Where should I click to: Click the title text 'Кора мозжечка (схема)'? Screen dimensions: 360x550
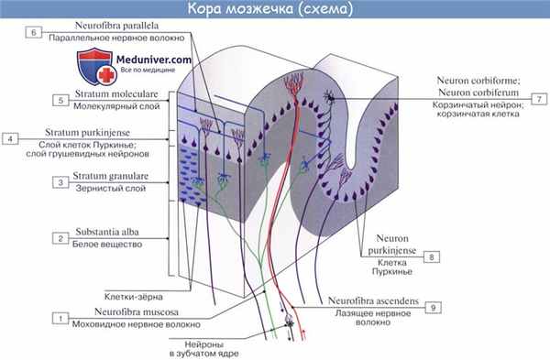tap(275, 10)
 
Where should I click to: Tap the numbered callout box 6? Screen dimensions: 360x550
tap(33, 31)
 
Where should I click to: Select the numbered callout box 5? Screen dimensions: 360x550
tap(59, 100)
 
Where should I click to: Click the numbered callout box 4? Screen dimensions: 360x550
tap(10, 139)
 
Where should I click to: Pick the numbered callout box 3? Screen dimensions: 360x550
tap(59, 183)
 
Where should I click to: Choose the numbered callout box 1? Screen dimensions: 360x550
tap(59, 318)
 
